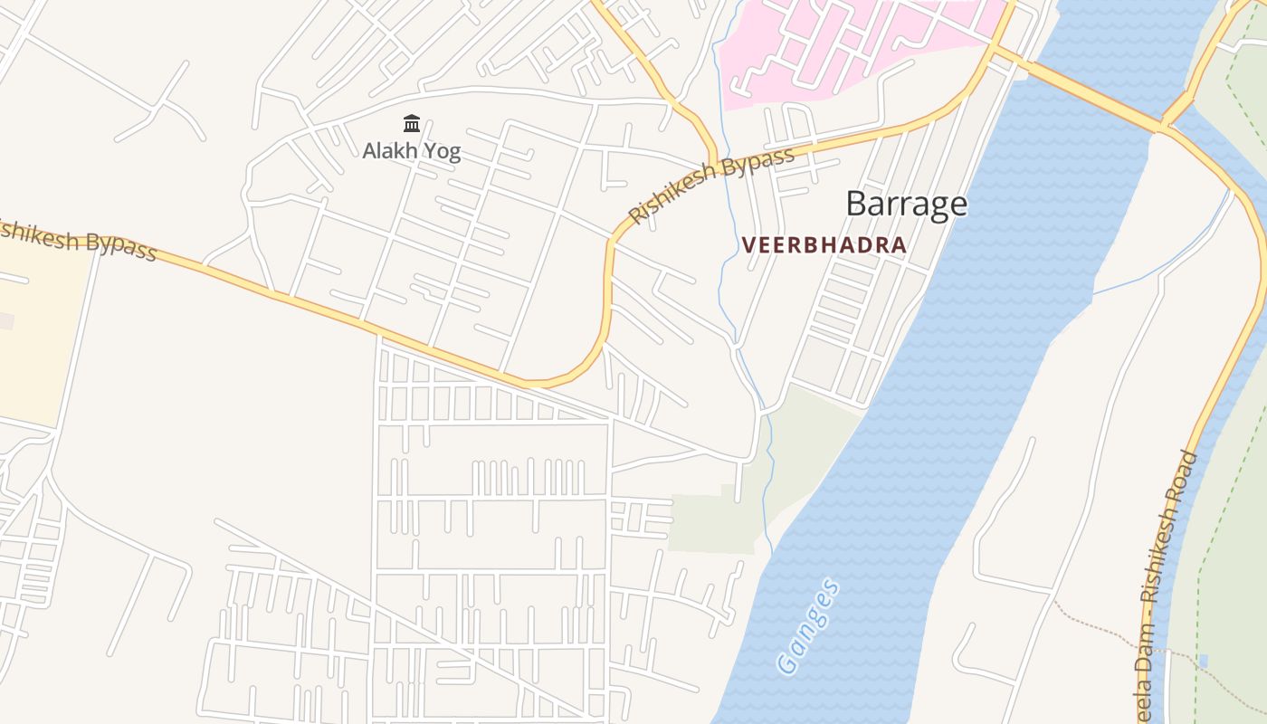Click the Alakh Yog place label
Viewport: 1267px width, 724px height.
412,151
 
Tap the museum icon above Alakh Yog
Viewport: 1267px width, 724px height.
412,123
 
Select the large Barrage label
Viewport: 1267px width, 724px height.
906,204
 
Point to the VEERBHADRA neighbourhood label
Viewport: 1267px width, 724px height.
824,245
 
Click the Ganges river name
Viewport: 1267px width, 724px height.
808,627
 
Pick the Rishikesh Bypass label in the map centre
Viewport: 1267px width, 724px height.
712,186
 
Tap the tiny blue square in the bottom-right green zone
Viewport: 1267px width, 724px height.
1202,660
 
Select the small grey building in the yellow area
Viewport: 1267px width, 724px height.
6,320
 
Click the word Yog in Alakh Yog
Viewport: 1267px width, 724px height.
440,151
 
